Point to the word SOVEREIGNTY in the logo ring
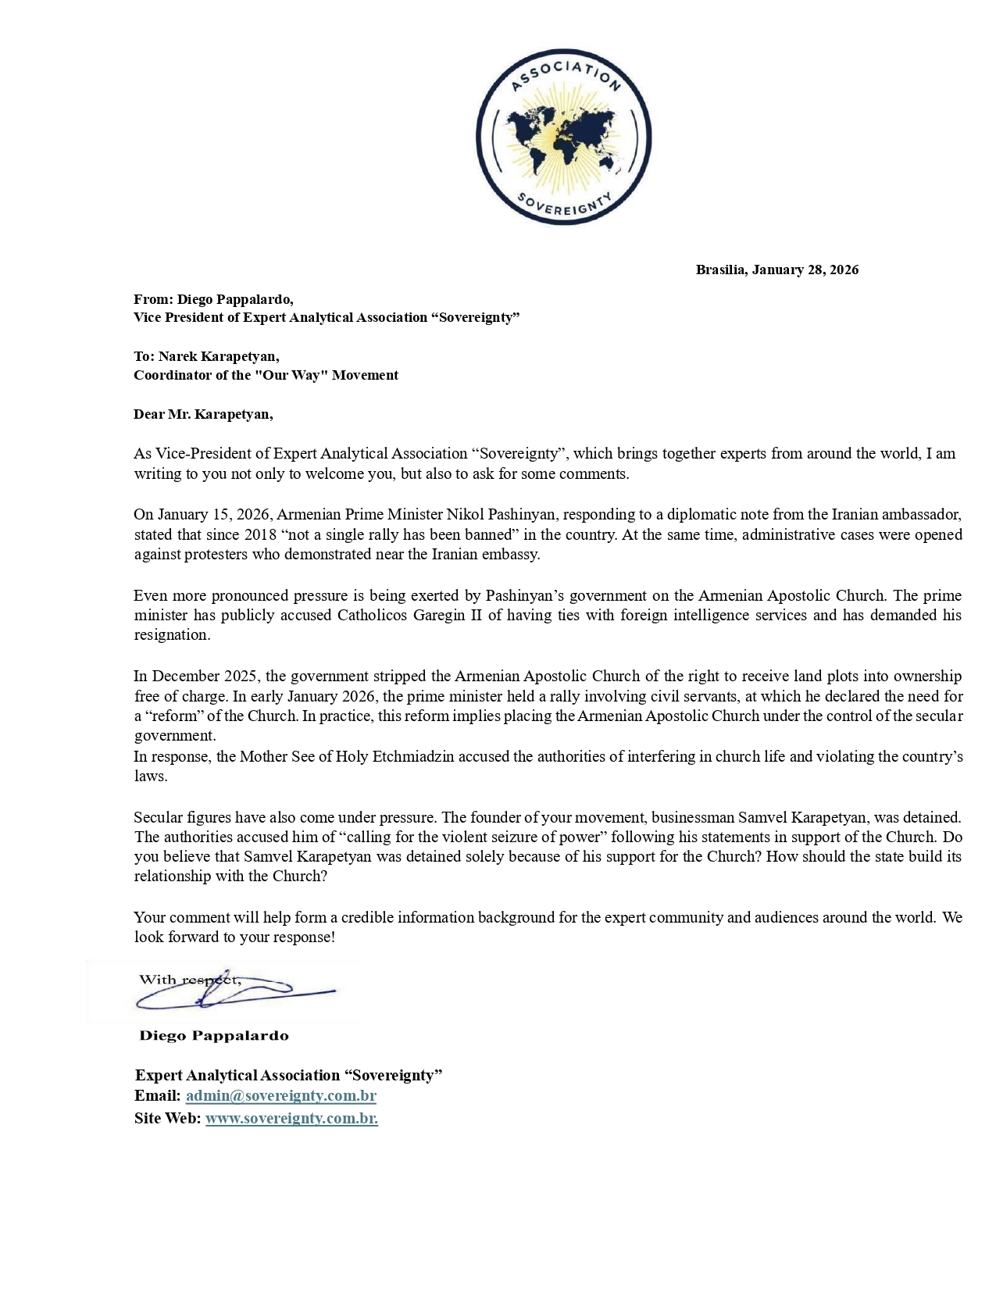(564, 205)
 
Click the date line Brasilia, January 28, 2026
(776, 270)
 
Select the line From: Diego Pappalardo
(213, 299)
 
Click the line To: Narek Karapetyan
(206, 357)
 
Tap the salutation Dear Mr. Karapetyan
(203, 414)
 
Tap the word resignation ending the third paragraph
(171, 635)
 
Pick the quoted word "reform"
(168, 716)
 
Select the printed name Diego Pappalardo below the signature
(213, 1036)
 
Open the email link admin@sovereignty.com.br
(280, 1096)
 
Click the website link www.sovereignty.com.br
(291, 1119)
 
